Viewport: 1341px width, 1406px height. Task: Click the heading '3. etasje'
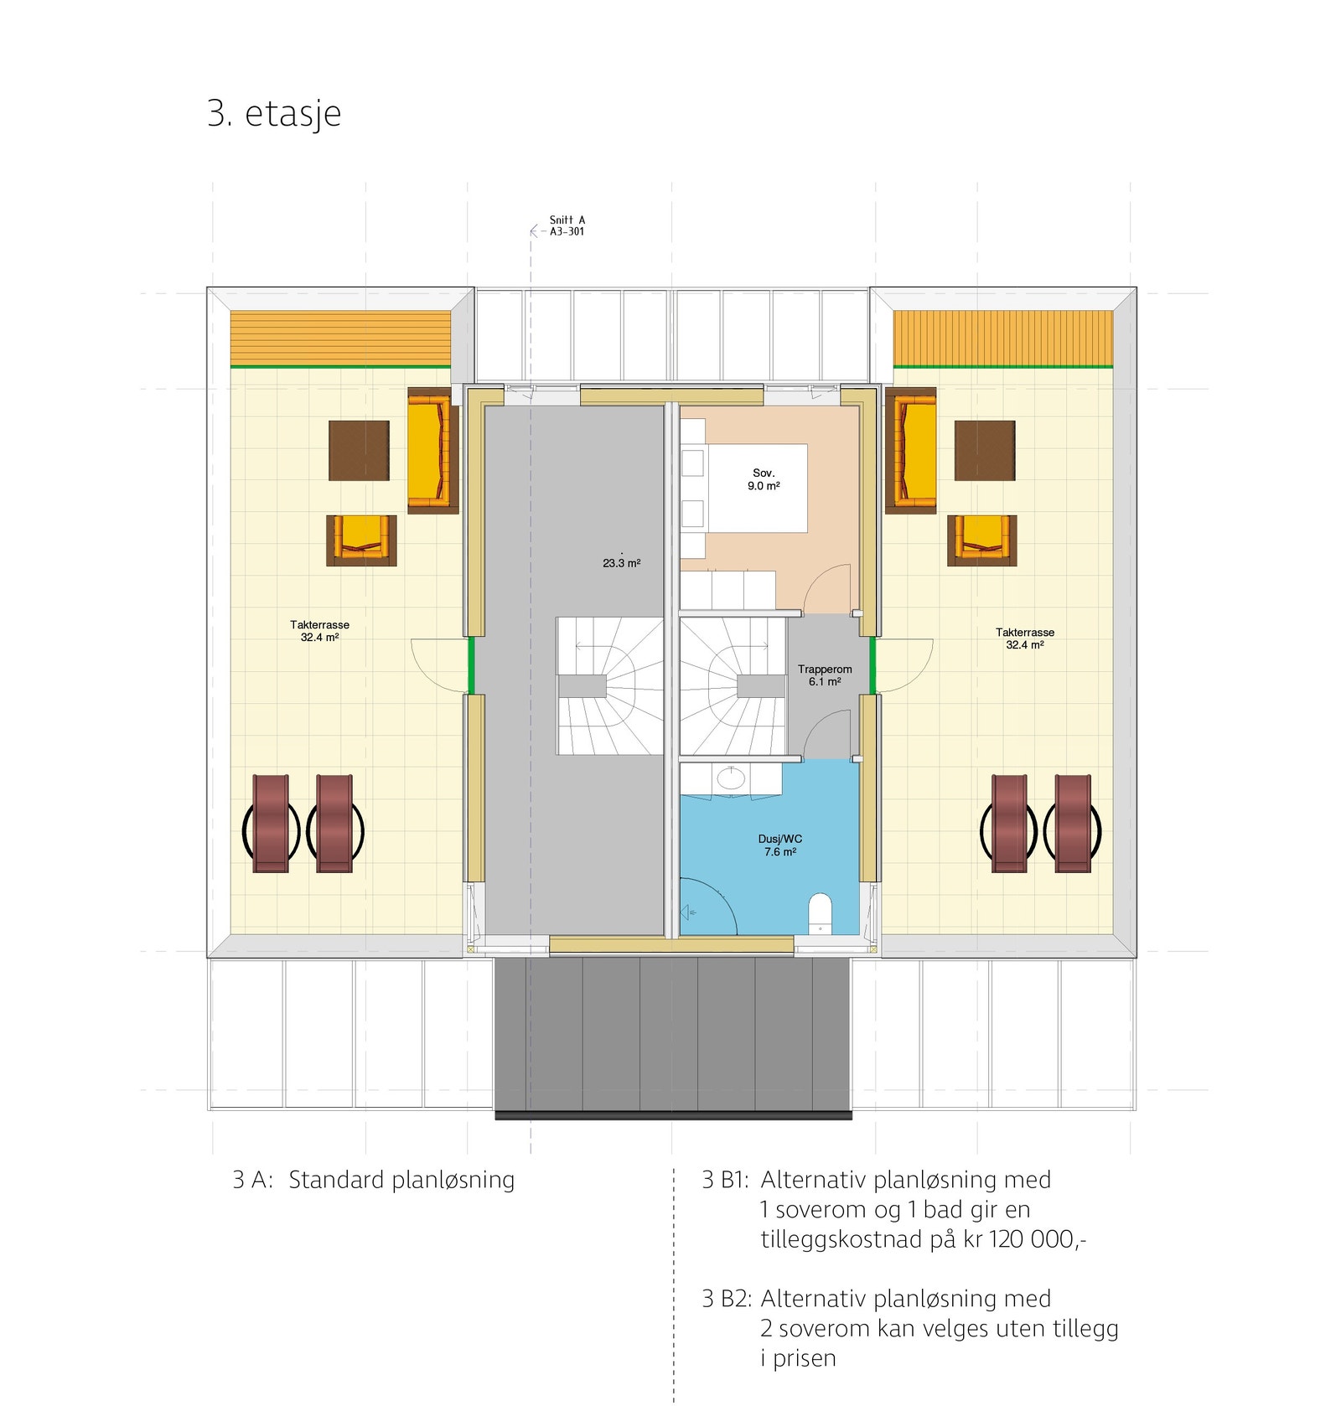click(x=274, y=114)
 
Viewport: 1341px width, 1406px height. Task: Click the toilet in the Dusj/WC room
click(x=820, y=913)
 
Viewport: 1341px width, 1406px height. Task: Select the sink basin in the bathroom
click(x=731, y=778)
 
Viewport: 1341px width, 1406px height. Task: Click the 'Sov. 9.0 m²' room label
click(x=764, y=479)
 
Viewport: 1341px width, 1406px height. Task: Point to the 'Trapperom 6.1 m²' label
click(x=825, y=675)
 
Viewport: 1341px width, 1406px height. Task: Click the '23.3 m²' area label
click(x=621, y=563)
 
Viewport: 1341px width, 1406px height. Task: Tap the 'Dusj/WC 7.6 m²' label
click(x=779, y=845)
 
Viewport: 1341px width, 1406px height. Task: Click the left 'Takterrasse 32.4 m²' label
click(x=319, y=630)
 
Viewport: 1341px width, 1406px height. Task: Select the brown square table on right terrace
click(x=985, y=451)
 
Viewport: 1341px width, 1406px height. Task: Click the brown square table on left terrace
click(x=359, y=451)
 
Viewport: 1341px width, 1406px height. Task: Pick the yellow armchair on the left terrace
click(x=361, y=540)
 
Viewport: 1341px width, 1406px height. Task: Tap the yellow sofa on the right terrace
click(x=911, y=450)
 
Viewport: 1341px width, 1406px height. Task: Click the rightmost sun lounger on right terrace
click(x=1073, y=824)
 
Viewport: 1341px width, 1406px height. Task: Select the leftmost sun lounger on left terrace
click(x=271, y=824)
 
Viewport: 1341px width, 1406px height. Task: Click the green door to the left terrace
click(x=471, y=665)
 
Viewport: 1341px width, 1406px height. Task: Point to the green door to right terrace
click(x=872, y=665)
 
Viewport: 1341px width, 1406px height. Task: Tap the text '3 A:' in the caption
click(x=251, y=1180)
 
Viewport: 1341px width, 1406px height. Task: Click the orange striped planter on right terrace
click(x=1002, y=338)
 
